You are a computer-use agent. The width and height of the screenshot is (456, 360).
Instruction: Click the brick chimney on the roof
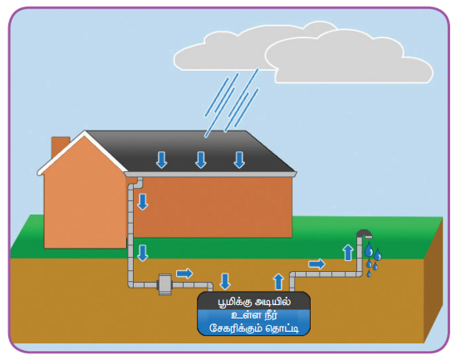(60, 147)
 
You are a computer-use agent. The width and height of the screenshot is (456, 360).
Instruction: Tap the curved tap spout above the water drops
(364, 234)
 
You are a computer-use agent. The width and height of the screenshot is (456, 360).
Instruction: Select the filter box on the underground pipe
(165, 284)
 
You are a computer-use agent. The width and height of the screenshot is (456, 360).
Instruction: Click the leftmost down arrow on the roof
(161, 160)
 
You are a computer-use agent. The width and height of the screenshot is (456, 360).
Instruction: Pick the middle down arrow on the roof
(201, 160)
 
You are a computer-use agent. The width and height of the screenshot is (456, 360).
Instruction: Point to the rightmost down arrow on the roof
(239, 160)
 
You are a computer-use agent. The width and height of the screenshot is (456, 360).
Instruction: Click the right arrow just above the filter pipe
(184, 274)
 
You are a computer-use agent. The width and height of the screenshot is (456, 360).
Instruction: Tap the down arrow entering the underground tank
(225, 281)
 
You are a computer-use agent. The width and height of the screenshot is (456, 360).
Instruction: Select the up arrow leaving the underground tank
(278, 281)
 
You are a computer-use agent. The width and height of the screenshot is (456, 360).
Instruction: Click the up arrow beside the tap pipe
(348, 253)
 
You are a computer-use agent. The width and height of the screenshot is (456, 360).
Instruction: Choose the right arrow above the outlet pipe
(316, 264)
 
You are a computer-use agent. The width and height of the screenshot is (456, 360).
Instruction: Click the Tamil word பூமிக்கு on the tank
(235, 302)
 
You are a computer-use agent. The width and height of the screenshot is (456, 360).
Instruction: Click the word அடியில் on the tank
(272, 302)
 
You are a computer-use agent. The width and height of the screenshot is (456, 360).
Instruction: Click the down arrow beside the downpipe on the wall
(143, 202)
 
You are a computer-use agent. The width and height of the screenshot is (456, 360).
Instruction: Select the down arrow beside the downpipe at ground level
(143, 254)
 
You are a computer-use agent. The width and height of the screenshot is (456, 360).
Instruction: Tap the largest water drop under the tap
(369, 250)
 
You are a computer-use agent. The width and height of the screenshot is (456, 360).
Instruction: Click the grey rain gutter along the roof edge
(210, 174)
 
